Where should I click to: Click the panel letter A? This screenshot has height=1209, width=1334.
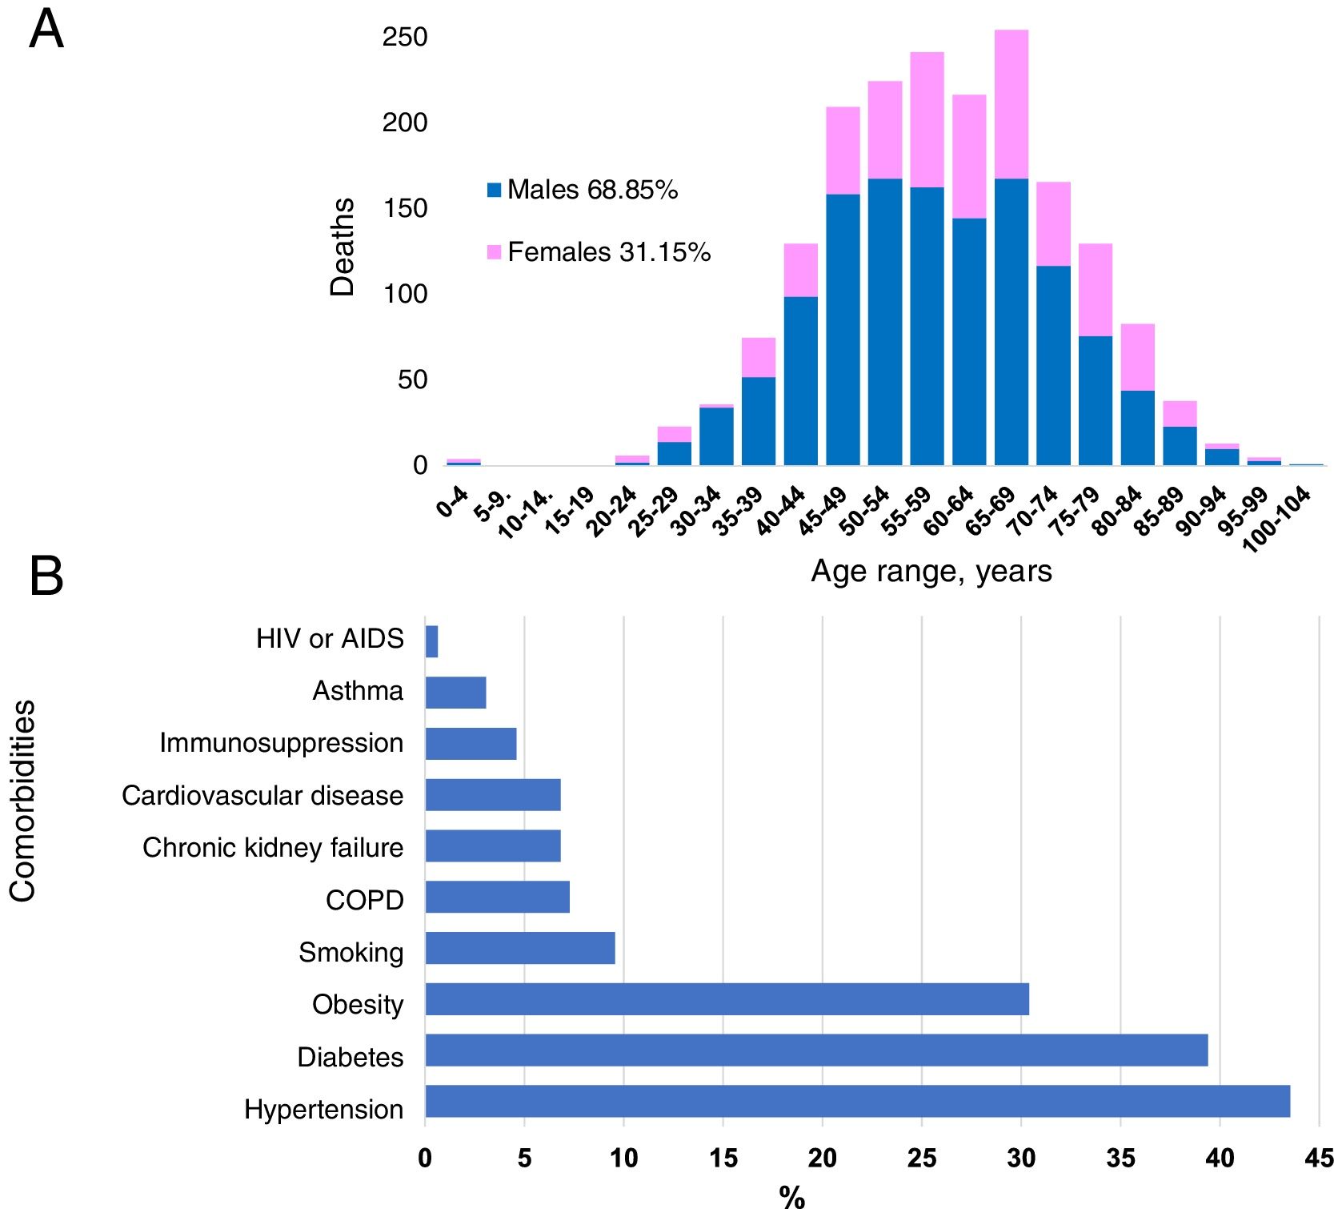coord(46,30)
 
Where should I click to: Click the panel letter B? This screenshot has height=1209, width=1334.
coord(46,576)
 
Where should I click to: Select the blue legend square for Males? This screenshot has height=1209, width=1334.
coord(494,191)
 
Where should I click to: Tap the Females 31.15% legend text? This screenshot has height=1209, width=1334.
coord(608,252)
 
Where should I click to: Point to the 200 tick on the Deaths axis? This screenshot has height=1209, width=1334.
coord(405,123)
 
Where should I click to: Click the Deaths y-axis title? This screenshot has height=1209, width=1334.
coord(343,247)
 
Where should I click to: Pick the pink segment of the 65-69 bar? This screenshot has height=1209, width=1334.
coord(1011,104)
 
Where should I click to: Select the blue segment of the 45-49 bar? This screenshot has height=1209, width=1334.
coord(843,328)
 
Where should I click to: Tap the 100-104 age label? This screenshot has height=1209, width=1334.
coord(1277,519)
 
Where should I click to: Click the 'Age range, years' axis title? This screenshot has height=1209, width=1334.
coord(931,571)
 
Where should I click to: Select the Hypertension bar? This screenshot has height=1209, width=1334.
coord(857,1101)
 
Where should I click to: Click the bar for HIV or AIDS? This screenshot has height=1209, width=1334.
coord(431,641)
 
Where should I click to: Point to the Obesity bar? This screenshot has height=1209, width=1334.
coord(727,998)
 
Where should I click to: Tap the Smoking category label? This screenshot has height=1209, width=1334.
coord(351,952)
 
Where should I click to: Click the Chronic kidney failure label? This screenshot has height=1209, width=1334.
coord(272,847)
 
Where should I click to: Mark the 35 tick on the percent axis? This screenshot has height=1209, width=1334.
coord(1120,1158)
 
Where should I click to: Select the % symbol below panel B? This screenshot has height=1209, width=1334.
coord(791,1197)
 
